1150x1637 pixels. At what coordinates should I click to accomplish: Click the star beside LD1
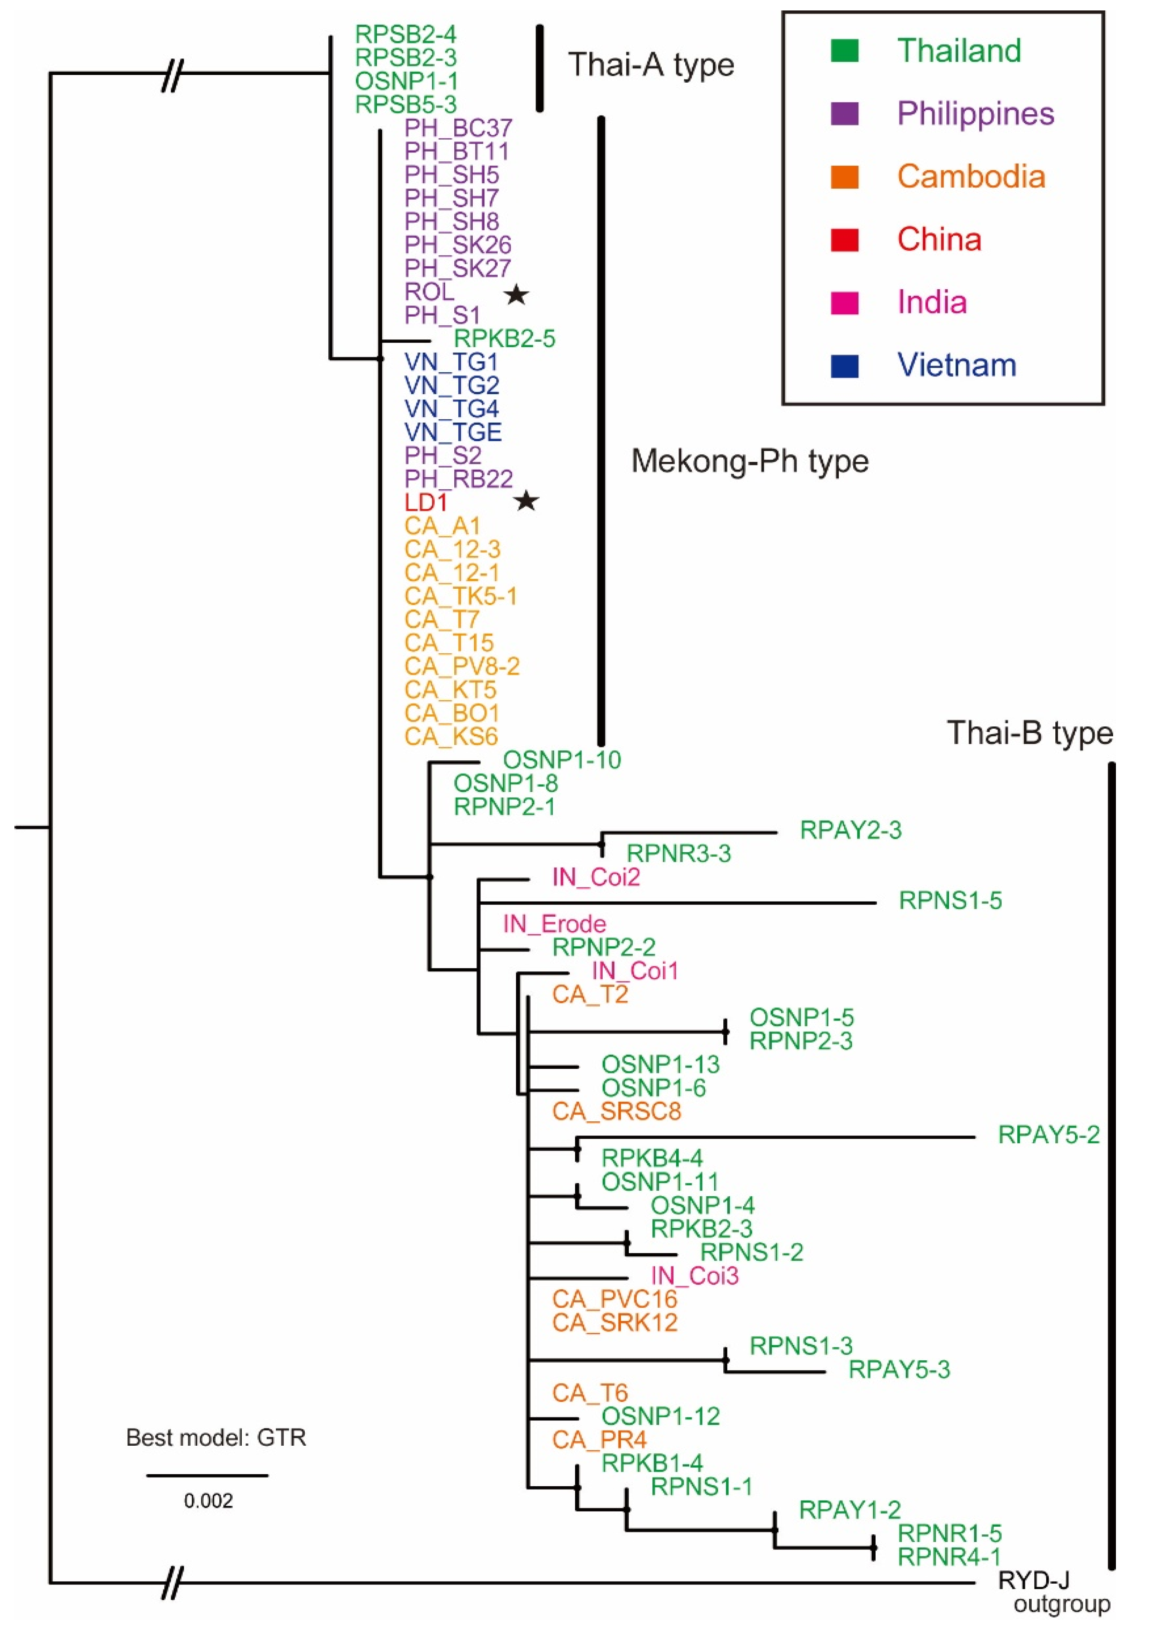(x=526, y=501)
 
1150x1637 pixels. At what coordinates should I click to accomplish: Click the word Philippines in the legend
(x=975, y=114)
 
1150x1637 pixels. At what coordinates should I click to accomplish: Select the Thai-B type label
(x=1030, y=733)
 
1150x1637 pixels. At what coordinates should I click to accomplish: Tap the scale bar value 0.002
(x=208, y=1501)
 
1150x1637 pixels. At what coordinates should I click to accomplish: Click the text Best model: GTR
(x=216, y=1437)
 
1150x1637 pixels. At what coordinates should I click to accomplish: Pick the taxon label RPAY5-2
(x=1048, y=1135)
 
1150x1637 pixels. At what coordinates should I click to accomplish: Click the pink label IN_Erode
(x=554, y=924)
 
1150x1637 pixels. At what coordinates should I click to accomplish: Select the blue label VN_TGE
(x=453, y=432)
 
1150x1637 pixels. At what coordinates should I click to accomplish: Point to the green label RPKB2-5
(x=504, y=338)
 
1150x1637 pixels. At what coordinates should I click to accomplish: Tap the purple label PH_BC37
(x=458, y=128)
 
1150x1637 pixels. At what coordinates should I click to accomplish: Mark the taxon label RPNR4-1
(x=949, y=1556)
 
